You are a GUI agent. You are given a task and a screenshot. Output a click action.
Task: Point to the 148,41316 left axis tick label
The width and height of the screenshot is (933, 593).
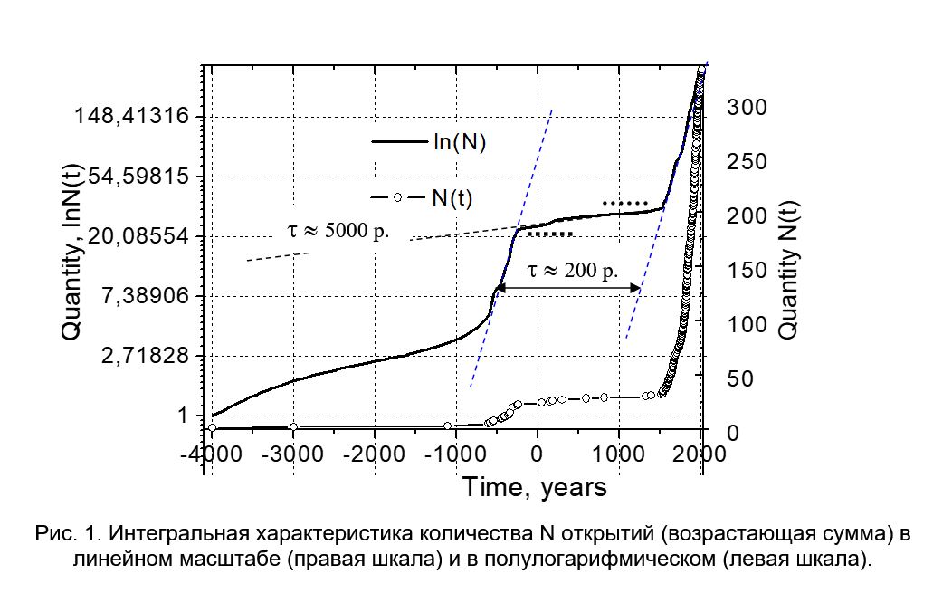tap(138, 116)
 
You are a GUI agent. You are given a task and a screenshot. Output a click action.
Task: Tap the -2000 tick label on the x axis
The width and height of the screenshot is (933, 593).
tap(373, 453)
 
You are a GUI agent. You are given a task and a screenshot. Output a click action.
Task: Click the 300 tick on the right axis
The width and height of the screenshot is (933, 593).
tap(747, 107)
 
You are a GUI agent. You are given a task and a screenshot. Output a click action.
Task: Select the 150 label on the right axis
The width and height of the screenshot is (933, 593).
tap(747, 270)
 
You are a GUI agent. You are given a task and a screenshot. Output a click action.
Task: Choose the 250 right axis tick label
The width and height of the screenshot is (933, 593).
tap(747, 161)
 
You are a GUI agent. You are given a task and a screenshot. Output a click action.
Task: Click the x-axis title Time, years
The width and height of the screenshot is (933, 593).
tap(535, 488)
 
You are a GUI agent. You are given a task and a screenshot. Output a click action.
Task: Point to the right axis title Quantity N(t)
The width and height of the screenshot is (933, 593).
tap(788, 270)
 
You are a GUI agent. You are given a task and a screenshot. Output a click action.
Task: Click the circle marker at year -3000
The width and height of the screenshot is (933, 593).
tap(293, 426)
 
